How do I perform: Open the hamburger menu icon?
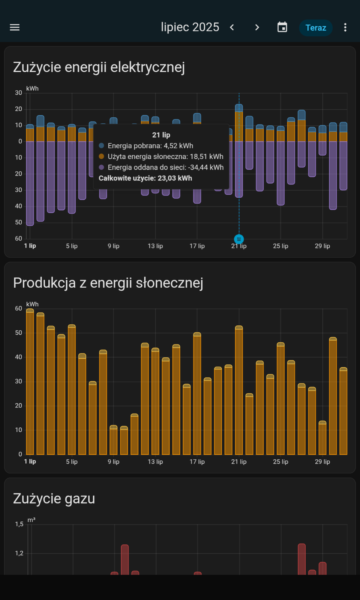click(x=15, y=27)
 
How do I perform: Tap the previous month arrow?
click(x=232, y=27)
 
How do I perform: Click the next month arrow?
click(x=257, y=27)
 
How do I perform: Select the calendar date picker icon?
click(x=282, y=27)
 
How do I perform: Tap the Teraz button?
click(x=316, y=28)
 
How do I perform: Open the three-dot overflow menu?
click(x=345, y=27)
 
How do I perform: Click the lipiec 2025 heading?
click(x=190, y=27)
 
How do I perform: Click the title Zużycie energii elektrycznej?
click(x=99, y=67)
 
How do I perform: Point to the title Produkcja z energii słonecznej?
click(x=108, y=283)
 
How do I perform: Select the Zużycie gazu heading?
click(x=54, y=499)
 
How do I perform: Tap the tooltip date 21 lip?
click(x=161, y=135)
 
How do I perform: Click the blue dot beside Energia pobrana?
click(x=102, y=146)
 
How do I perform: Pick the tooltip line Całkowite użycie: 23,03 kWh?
click(x=145, y=178)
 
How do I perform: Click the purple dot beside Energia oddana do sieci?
click(x=102, y=167)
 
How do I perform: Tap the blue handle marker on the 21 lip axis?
click(x=239, y=239)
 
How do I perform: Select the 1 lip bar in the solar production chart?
click(x=30, y=382)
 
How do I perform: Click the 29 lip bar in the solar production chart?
click(x=322, y=438)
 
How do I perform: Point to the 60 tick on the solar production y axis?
click(x=18, y=309)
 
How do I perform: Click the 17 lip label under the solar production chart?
click(x=197, y=462)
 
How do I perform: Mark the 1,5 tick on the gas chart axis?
click(x=19, y=524)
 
